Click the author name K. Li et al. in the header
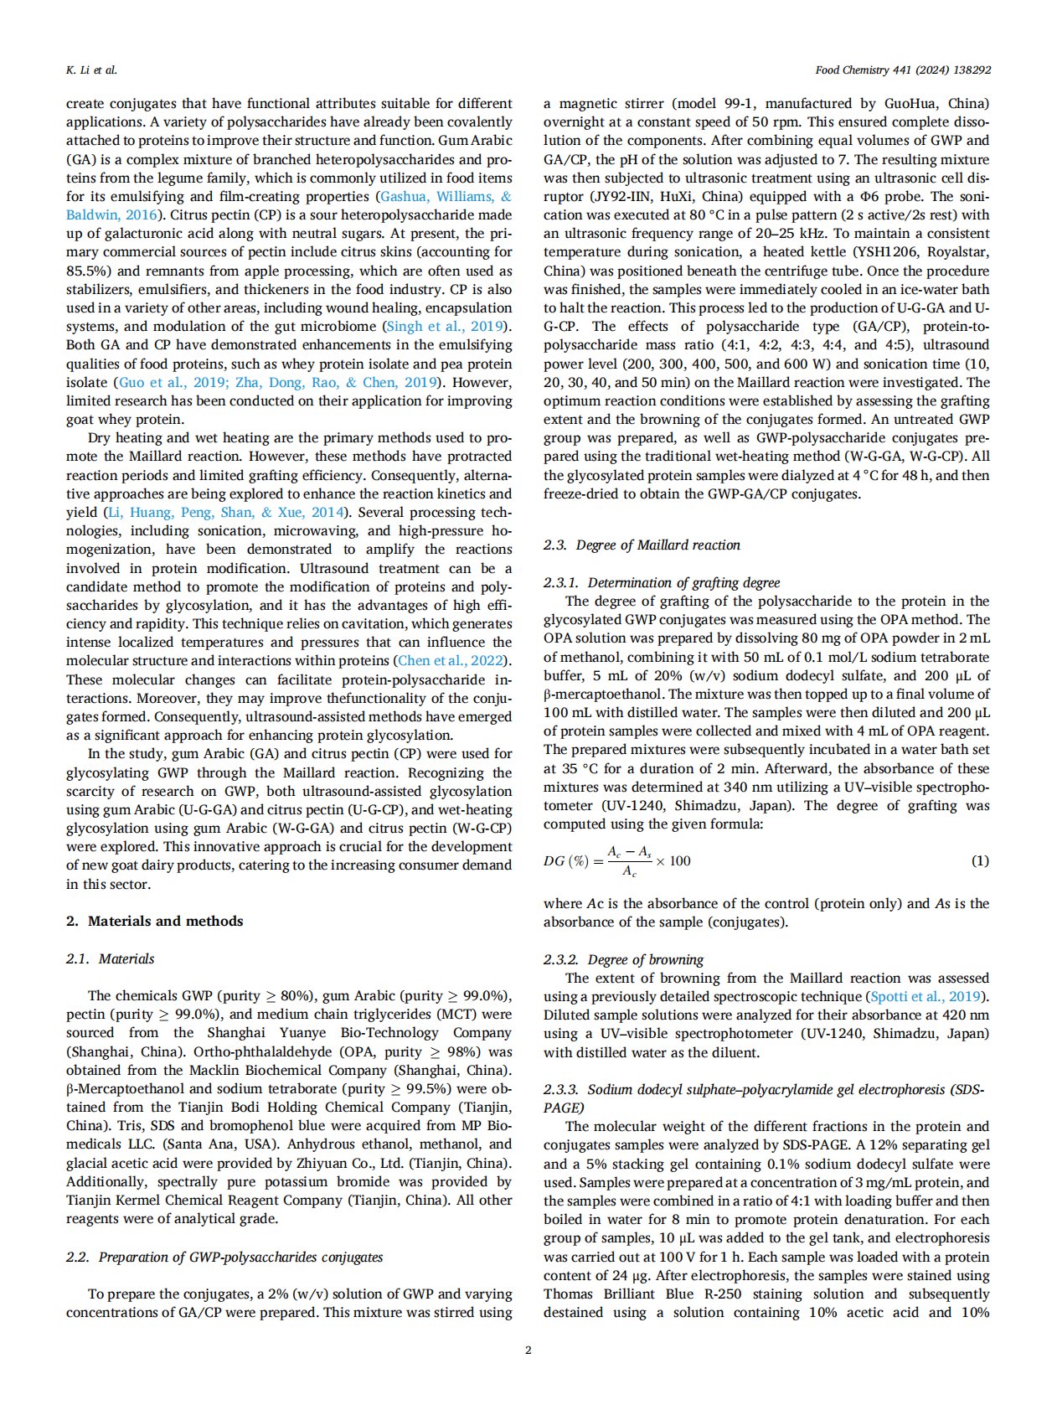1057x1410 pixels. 91,70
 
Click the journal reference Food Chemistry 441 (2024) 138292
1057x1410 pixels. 902,70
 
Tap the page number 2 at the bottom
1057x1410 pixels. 528,1350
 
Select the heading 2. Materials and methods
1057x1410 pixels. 154,921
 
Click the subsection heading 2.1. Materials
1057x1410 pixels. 110,958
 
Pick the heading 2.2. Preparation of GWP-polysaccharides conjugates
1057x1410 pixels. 224,1257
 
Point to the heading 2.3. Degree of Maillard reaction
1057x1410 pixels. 642,545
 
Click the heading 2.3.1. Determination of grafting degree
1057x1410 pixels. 661,582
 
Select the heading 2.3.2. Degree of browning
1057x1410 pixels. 623,959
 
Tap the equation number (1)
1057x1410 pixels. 979,860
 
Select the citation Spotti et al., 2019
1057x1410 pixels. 926,996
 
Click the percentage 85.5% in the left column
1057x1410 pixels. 85,271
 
